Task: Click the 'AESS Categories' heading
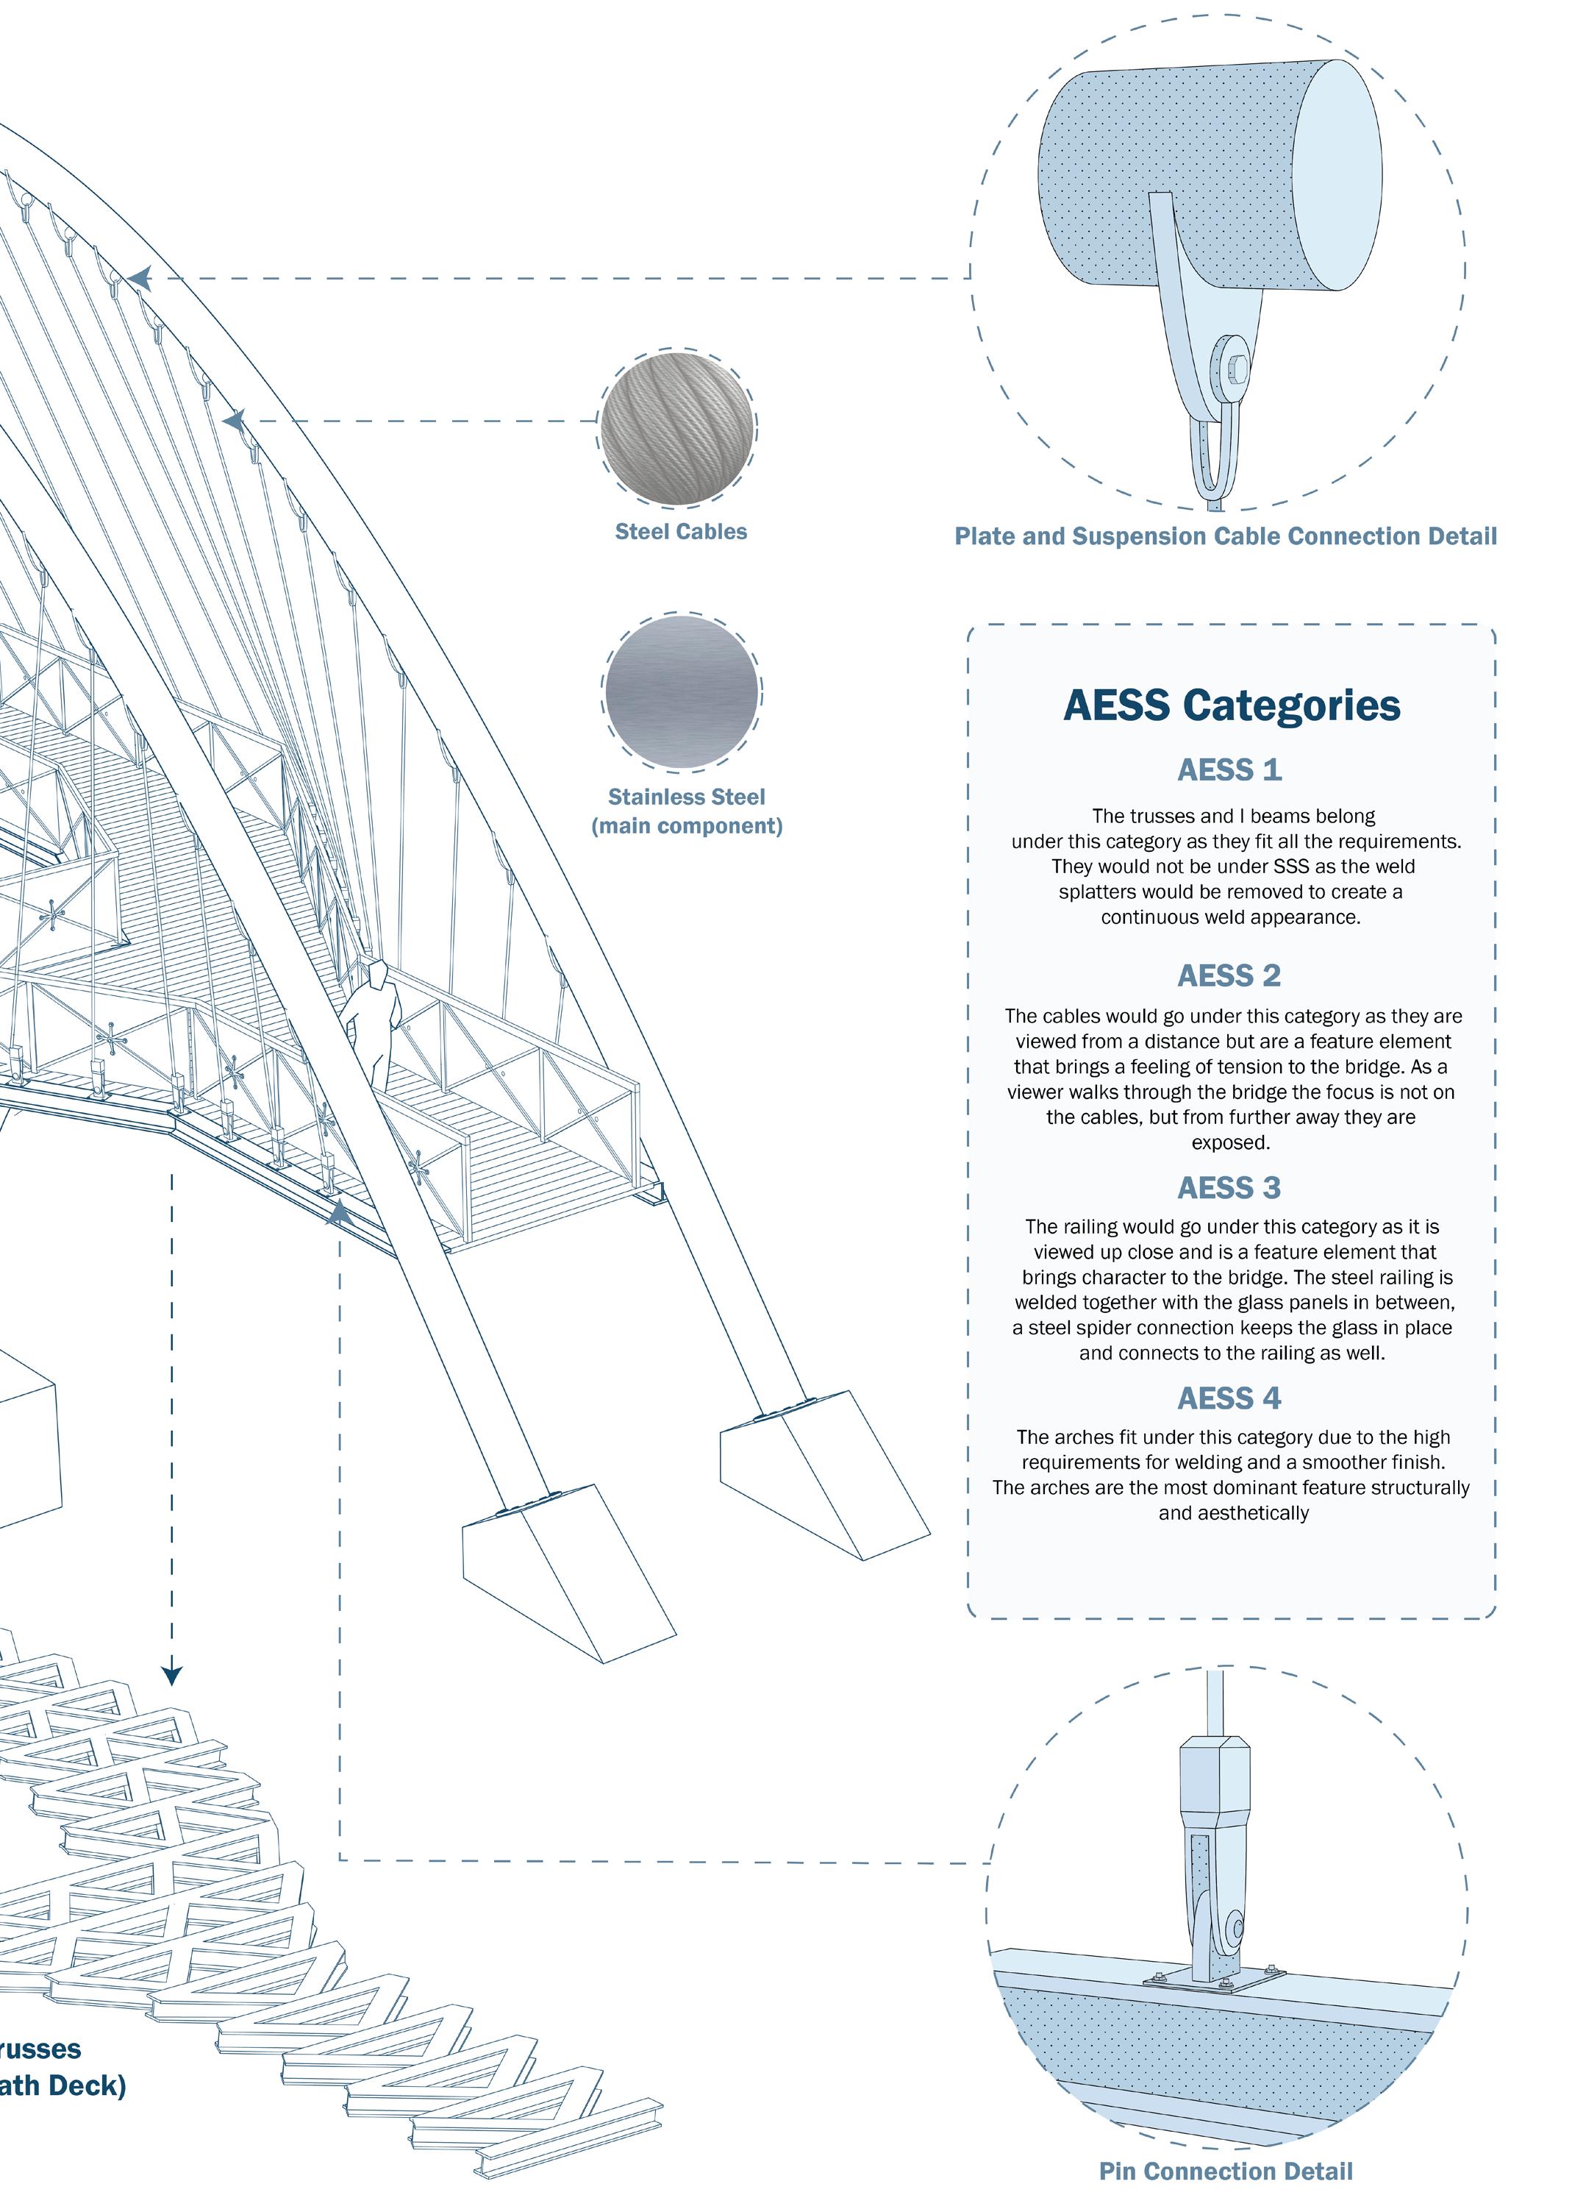1231,705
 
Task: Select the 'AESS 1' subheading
1229,769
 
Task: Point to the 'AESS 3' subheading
1229,1187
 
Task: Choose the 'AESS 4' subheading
1229,1398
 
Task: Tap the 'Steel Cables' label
681,532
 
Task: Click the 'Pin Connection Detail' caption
1226,2171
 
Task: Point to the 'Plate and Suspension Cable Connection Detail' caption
1225,537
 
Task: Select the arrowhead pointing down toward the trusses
172,1675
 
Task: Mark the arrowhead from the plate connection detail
139,279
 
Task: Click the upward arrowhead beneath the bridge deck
339,1212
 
